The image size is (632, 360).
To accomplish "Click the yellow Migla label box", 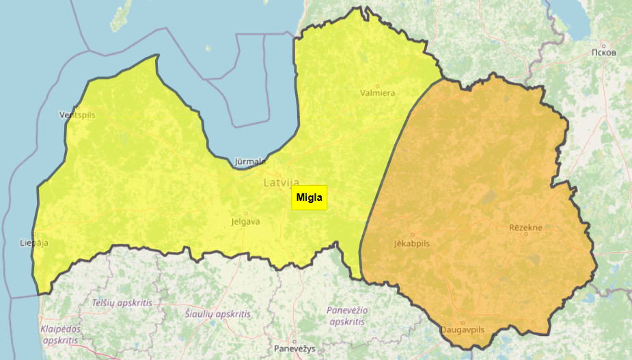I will (309, 198).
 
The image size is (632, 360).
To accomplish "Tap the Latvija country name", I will (281, 183).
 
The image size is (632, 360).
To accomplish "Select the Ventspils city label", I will (77, 115).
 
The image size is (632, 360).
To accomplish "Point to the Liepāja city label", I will (34, 243).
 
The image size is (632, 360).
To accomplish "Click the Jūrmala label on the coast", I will (249, 162).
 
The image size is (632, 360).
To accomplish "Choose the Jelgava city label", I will (246, 221).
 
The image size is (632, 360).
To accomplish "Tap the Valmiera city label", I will (378, 93).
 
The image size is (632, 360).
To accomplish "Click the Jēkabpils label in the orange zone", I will (412, 243).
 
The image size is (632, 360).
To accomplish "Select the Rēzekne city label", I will (526, 227).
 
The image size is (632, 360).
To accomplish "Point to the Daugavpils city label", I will (463, 330).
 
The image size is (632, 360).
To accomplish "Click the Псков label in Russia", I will (605, 52).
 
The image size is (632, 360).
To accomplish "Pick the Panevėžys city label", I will (294, 348).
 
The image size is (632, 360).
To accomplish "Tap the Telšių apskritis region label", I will (122, 302).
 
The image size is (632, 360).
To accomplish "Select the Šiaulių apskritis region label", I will (218, 314).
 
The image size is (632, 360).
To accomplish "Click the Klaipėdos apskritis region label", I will (60, 334).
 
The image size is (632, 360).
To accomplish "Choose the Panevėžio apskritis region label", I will (347, 316).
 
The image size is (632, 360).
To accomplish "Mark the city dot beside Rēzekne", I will (526, 234).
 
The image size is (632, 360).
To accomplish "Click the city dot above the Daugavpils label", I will (463, 322).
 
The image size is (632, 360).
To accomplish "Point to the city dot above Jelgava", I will (246, 214).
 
